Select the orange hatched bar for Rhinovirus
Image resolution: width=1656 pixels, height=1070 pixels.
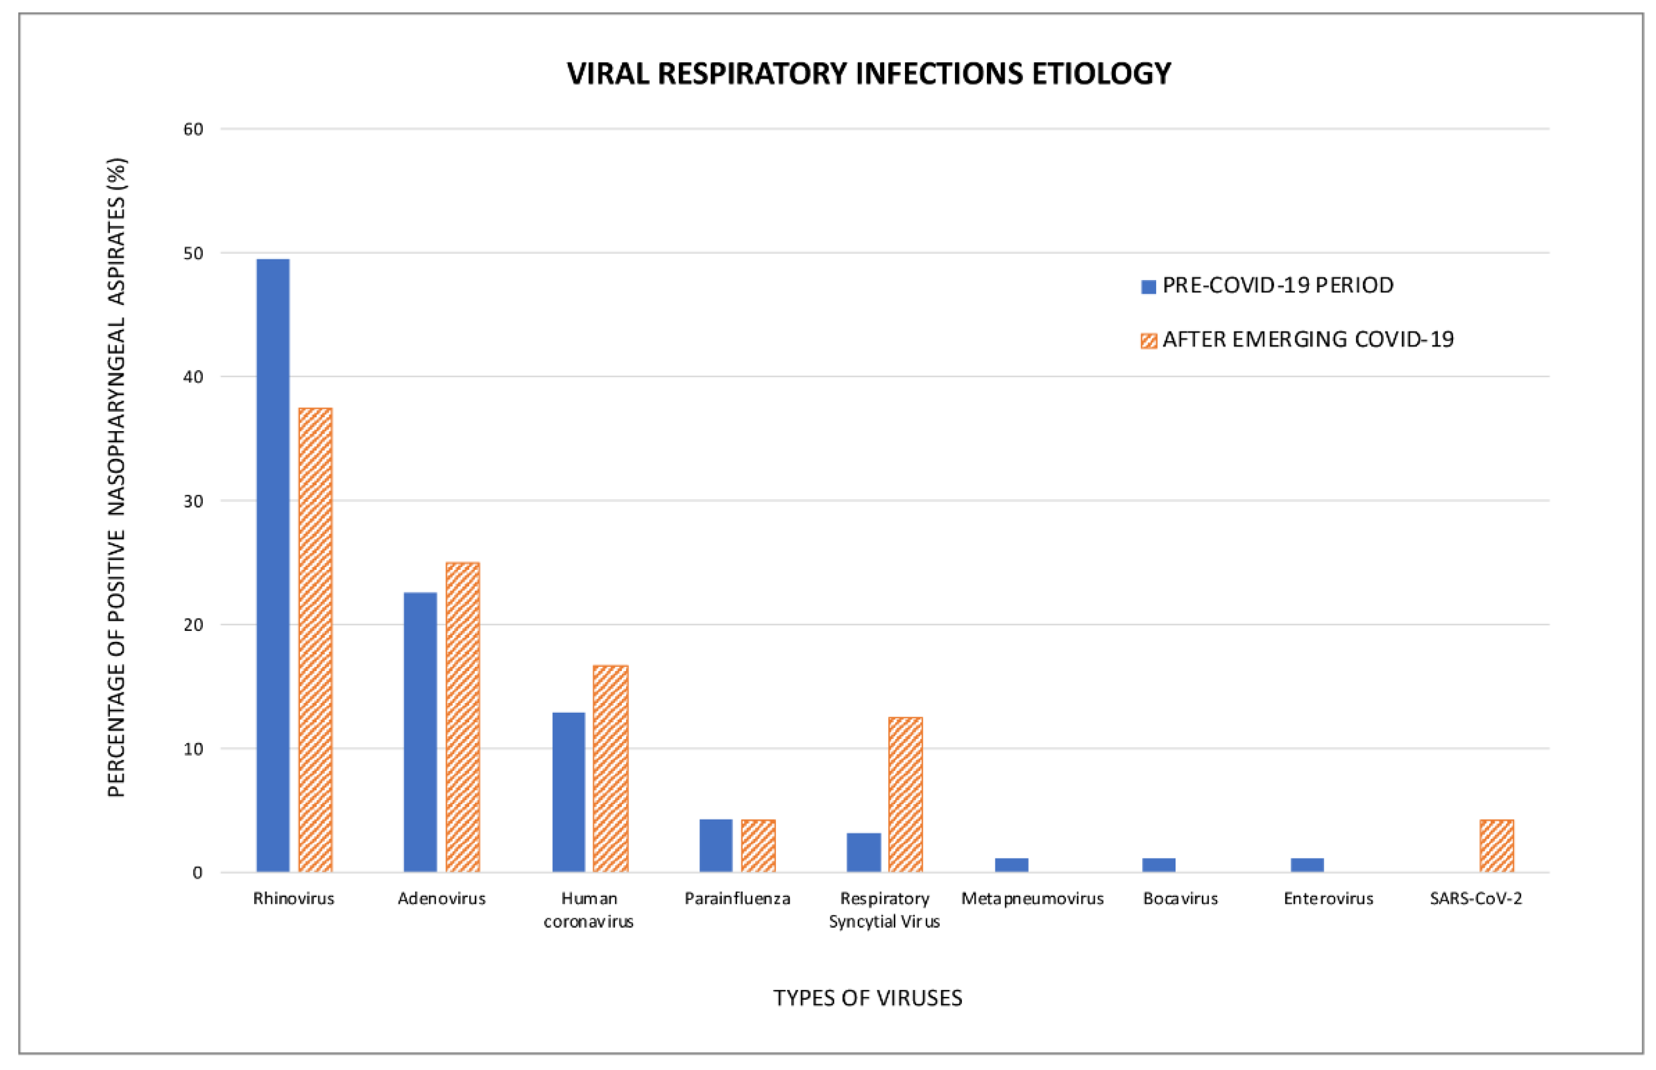(316, 639)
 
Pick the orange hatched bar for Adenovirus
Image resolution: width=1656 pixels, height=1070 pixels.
(463, 716)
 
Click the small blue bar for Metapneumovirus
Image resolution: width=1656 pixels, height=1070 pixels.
(1011, 865)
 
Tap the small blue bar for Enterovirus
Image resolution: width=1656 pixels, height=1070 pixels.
(1307, 865)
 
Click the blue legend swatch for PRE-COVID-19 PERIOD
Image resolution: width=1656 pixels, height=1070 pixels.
(1148, 286)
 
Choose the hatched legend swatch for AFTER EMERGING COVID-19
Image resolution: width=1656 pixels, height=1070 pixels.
(1148, 341)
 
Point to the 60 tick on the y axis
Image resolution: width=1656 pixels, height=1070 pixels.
(193, 129)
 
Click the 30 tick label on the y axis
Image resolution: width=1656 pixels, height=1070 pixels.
(193, 501)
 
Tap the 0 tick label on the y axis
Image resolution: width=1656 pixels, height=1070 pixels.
(197, 873)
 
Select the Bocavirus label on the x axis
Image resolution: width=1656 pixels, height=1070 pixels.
(1180, 898)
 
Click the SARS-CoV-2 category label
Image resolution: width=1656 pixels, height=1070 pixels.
(1476, 898)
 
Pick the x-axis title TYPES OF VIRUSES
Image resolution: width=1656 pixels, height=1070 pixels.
(867, 998)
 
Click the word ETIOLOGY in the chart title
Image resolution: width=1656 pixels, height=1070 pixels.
(1101, 74)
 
